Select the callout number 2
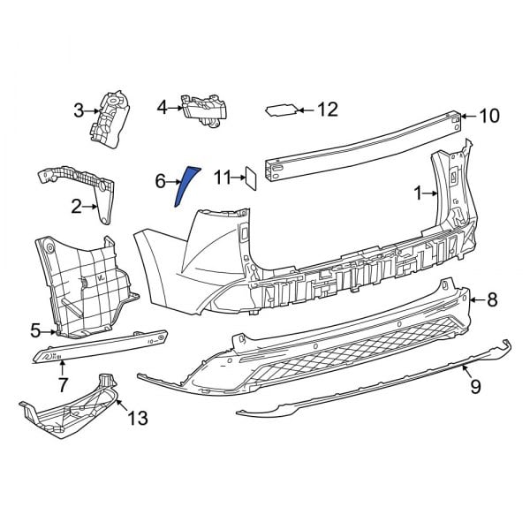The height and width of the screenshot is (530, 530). (77, 207)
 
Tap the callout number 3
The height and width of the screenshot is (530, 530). (79, 110)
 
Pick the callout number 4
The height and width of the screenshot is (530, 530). (162, 108)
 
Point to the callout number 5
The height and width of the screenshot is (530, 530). (36, 330)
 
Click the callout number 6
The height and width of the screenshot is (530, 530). (161, 181)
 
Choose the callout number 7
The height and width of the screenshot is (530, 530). (63, 385)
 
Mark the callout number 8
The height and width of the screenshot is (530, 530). (492, 300)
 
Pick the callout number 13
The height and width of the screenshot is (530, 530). (139, 416)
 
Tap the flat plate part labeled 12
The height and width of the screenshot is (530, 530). (281, 110)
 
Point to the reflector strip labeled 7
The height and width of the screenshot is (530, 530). (102, 347)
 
